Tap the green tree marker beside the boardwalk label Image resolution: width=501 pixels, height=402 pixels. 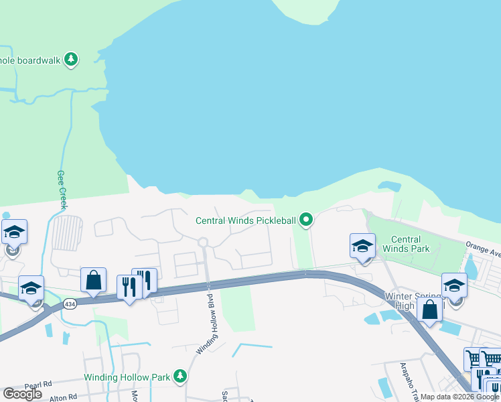coord(71,60)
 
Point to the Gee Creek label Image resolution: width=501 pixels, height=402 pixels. coord(62,189)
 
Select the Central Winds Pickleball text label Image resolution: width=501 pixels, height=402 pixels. coord(245,220)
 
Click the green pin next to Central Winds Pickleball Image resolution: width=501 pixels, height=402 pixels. coord(306,219)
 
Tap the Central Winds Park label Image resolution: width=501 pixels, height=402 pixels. coord(405,244)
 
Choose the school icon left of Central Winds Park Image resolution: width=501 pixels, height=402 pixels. coord(362,246)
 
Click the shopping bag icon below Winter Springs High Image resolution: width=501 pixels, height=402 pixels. coord(429,310)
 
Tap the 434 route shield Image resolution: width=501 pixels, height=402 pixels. coord(69,304)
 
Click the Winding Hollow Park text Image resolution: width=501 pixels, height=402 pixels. coord(127,377)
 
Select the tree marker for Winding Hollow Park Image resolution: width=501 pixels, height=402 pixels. coord(180,377)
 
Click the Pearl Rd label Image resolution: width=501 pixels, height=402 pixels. coord(38,385)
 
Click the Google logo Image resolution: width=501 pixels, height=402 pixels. coord(22,394)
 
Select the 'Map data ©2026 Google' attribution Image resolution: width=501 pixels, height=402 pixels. coord(460,397)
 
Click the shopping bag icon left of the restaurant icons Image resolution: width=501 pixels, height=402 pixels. coord(93,280)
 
